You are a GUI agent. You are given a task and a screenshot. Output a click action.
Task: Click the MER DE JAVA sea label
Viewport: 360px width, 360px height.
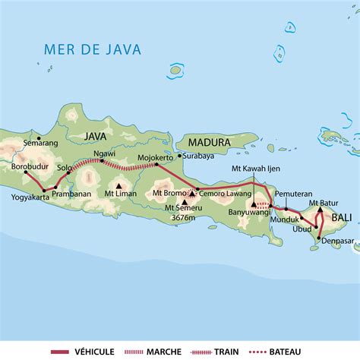point(81,50)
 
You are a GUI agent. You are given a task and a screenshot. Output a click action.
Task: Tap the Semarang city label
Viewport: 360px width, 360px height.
point(40,141)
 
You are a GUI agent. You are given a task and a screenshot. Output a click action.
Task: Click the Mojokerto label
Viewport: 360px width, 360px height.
point(154,159)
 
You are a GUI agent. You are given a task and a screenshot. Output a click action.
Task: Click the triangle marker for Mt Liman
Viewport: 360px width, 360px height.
point(118,185)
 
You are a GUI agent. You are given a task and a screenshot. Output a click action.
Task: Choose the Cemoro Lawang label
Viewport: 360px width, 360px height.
point(221,192)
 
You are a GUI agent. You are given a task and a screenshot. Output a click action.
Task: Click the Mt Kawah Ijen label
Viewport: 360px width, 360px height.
point(254,171)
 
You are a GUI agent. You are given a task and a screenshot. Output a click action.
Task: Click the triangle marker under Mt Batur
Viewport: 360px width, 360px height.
point(321,210)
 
